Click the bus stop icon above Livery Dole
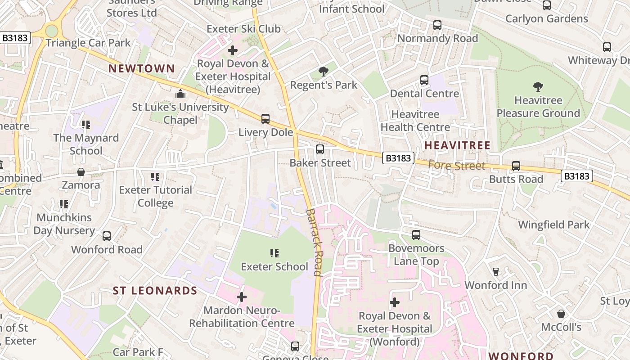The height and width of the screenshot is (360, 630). [x=265, y=119]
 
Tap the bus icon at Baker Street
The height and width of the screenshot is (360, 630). [x=320, y=149]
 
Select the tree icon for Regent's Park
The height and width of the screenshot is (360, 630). [x=323, y=71]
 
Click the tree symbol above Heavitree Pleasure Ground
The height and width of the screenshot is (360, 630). [x=538, y=87]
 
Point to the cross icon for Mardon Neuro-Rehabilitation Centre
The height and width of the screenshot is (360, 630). [x=242, y=297]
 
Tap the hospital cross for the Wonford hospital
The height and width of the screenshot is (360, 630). [x=395, y=302]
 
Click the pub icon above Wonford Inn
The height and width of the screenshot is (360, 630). [x=496, y=271]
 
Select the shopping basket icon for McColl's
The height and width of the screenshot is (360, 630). [x=561, y=313]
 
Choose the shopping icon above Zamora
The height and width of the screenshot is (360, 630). [x=81, y=172]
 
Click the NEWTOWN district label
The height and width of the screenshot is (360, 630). [x=142, y=68]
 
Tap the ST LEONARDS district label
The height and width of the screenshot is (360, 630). [x=155, y=291]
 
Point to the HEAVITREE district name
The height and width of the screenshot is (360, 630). [x=457, y=145]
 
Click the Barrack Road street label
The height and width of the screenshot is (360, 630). [x=314, y=242]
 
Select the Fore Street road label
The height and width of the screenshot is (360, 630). [x=456, y=166]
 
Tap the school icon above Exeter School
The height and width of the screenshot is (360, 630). [x=274, y=253]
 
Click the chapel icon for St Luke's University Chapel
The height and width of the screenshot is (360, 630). [x=180, y=94]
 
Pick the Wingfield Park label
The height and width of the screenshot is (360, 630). [x=553, y=225]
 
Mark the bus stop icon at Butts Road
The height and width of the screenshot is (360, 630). [x=516, y=166]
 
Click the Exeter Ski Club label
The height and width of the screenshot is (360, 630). [x=243, y=29]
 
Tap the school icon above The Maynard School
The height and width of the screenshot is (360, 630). [x=85, y=125]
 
